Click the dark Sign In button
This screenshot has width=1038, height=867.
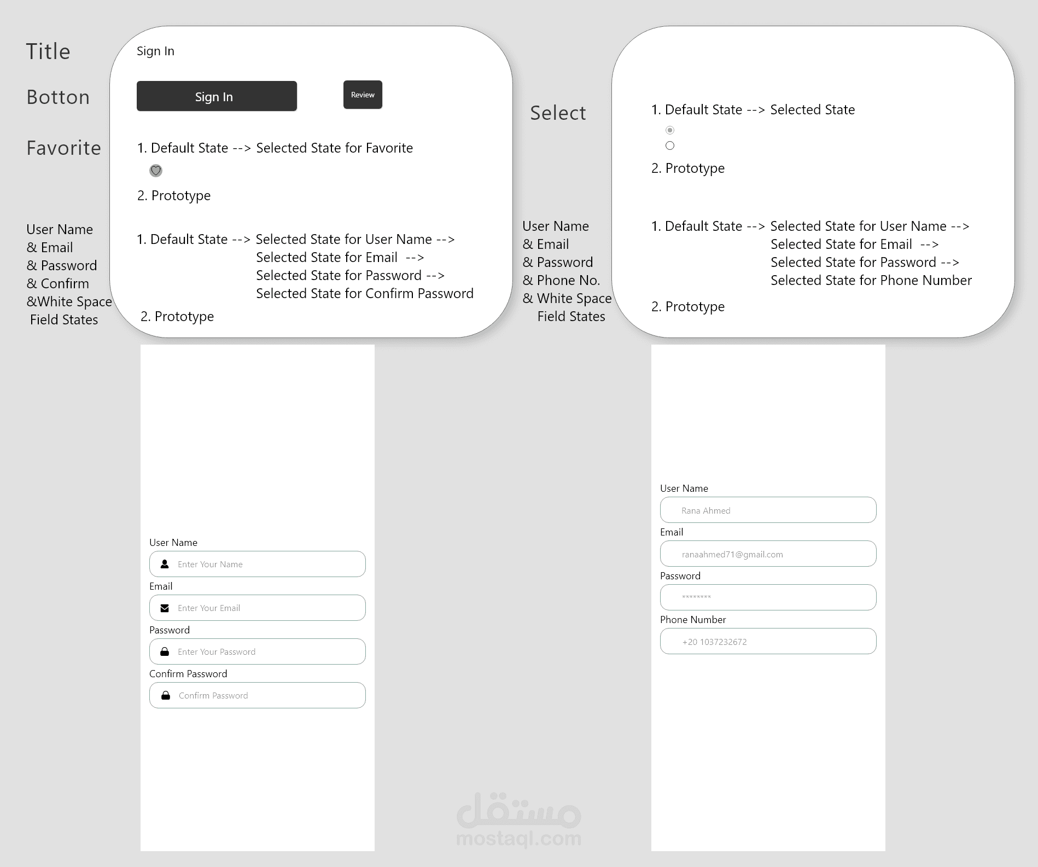(x=217, y=96)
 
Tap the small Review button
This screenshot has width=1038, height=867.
(x=363, y=95)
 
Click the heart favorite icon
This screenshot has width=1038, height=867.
(x=156, y=171)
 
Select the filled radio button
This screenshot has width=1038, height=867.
(x=670, y=130)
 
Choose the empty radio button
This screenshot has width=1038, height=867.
(x=670, y=146)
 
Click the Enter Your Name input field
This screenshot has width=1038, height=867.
(x=258, y=564)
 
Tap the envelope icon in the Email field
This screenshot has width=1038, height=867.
(x=165, y=608)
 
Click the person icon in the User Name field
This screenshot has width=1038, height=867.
(x=165, y=564)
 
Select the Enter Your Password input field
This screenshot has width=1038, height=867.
(x=258, y=651)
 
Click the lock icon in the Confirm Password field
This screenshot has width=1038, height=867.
(x=166, y=695)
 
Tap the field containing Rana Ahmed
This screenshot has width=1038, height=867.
(x=768, y=510)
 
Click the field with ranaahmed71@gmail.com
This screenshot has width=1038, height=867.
(x=768, y=554)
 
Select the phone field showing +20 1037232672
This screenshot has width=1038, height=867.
(x=768, y=641)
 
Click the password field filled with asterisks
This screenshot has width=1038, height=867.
(x=768, y=597)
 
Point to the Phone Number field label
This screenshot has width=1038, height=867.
(x=693, y=620)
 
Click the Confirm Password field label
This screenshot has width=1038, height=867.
(x=188, y=674)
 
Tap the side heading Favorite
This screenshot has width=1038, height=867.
(x=64, y=148)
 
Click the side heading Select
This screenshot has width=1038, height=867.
(x=558, y=113)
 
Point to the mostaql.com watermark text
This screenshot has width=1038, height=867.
(x=519, y=839)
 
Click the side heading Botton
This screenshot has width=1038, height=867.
(x=58, y=97)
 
